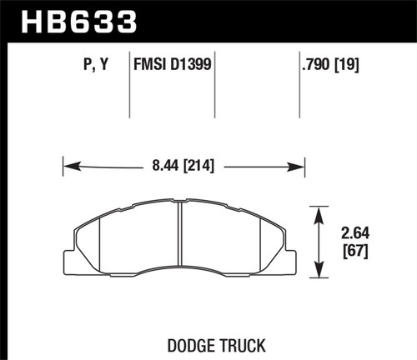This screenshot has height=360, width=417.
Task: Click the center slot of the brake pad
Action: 182,242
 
